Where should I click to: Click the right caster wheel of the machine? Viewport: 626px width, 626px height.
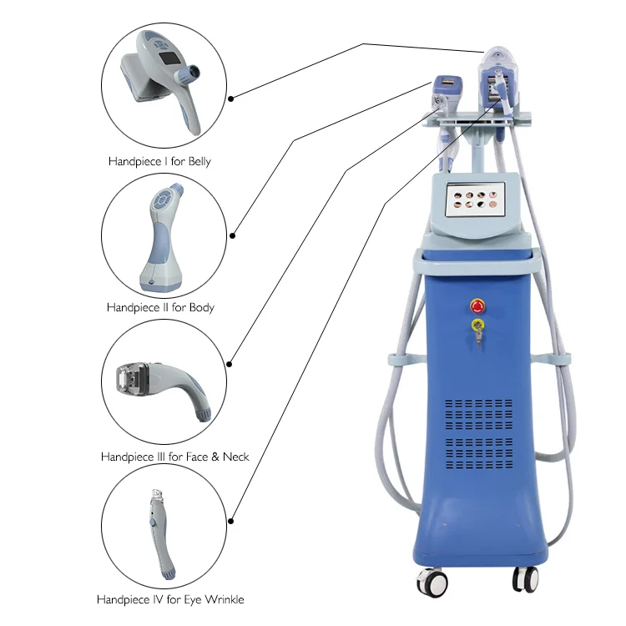pyautogui.click(x=525, y=578)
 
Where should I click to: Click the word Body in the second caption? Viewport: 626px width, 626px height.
pyautogui.click(x=199, y=307)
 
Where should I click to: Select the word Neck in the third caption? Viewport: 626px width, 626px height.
pyautogui.click(x=234, y=457)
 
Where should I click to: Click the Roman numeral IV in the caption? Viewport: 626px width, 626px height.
pyautogui.click(x=152, y=599)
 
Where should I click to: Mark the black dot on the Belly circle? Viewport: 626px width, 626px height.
pyautogui.click(x=231, y=98)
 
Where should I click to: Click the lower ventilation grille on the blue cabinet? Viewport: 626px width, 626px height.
pyautogui.click(x=479, y=452)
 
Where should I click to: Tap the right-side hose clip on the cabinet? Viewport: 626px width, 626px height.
pyautogui.click(x=561, y=359)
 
